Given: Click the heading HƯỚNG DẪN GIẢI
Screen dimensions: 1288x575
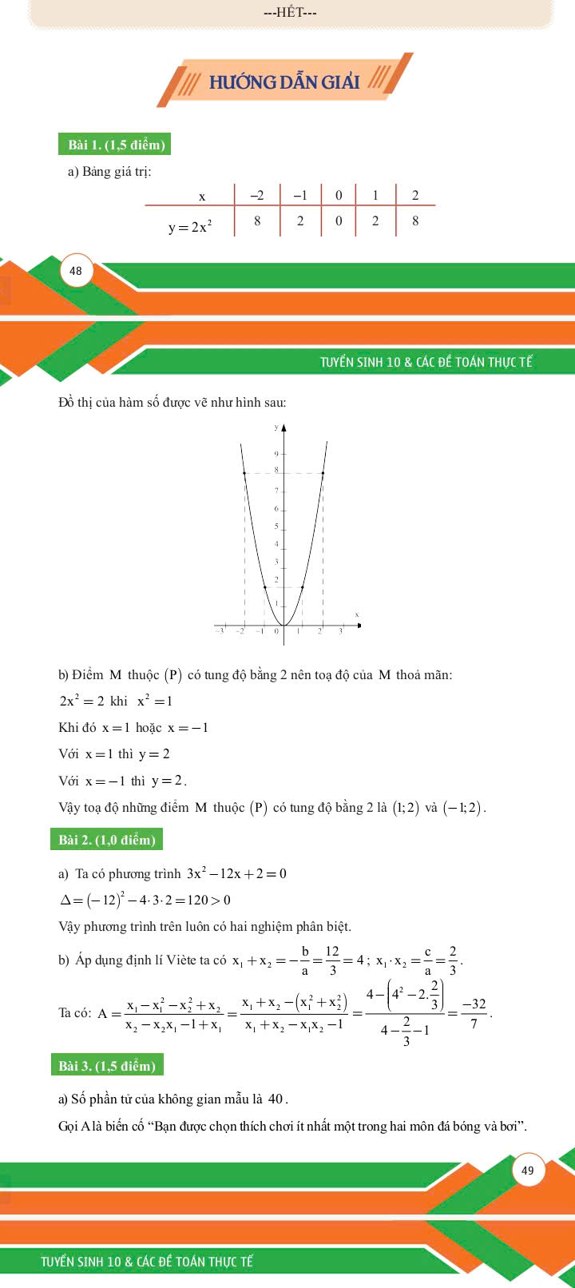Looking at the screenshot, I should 284,82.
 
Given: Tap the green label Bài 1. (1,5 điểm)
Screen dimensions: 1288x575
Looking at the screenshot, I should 116,145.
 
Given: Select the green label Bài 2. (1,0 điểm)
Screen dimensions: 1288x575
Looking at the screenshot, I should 107,840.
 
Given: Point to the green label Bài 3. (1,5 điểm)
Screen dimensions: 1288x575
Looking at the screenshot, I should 107,1066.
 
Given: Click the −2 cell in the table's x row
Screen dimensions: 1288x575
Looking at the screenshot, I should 257,196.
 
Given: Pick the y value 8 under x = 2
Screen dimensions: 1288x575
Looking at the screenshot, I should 415,221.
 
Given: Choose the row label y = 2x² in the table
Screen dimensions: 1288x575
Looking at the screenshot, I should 190,228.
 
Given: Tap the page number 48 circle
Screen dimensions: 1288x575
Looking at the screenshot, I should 76,271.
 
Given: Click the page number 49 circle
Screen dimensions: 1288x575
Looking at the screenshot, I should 528,1171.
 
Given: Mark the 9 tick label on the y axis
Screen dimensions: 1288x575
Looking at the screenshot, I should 276,454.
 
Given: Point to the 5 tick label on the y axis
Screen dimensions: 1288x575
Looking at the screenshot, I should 276,527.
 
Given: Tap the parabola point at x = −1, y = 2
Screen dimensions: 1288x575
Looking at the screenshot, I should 264,587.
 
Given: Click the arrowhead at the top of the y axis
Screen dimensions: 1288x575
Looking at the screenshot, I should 284,428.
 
